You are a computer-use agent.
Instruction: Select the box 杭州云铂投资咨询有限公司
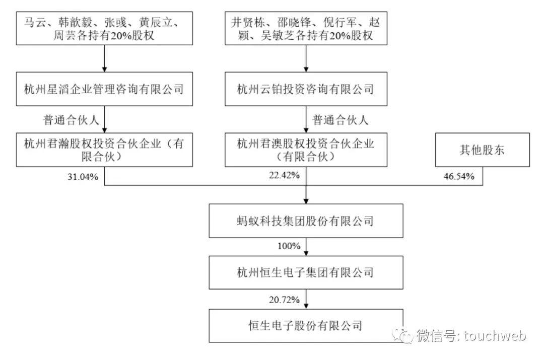305,90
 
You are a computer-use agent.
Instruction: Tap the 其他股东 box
483,150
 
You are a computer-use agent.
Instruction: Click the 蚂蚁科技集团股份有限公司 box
305,221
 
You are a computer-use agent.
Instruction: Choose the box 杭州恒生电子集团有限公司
305,273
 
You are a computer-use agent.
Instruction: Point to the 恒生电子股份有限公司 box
305,325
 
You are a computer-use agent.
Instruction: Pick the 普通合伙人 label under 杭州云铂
341,120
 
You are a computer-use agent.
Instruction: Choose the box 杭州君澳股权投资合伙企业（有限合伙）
305,150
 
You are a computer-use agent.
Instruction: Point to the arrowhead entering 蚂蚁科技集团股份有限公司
306,201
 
